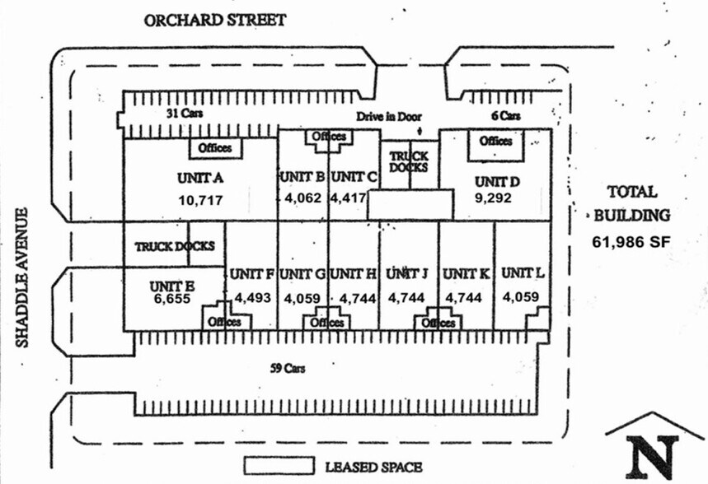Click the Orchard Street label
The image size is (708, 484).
tap(215, 20)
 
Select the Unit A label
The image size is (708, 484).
tap(200, 177)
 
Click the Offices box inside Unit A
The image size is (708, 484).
tap(218, 148)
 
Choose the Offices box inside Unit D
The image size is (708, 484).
tap(495, 141)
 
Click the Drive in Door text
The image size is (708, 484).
tap(389, 116)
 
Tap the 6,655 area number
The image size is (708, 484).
tap(171, 299)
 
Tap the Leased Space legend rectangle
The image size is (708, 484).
tap(278, 466)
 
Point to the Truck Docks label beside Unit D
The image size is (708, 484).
tap(409, 161)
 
